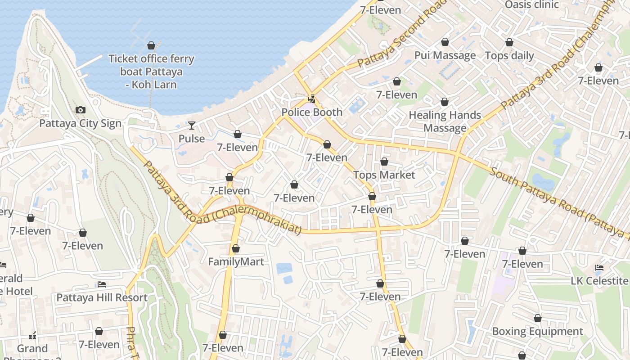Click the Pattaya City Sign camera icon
pyautogui.click(x=81, y=110)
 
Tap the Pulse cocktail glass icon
pyautogui.click(x=192, y=126)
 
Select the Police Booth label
pyautogui.click(x=312, y=112)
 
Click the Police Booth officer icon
pyautogui.click(x=311, y=99)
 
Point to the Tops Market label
pyautogui.click(x=384, y=175)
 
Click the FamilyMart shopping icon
pyautogui.click(x=235, y=248)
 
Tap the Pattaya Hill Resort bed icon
pyautogui.click(x=102, y=284)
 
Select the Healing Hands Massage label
pyautogui.click(x=445, y=121)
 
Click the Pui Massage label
pyautogui.click(x=445, y=55)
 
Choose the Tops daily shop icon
pyautogui.click(x=509, y=43)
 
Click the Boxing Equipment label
pyautogui.click(x=537, y=332)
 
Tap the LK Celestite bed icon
pyautogui.click(x=599, y=268)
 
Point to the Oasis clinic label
pyautogui.click(x=531, y=5)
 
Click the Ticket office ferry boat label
pyautogui.click(x=151, y=72)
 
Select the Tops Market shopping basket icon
pyautogui.click(x=384, y=162)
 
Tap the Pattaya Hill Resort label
pyautogui.click(x=102, y=297)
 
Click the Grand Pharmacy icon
pyautogui.click(x=32, y=336)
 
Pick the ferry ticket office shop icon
pyautogui.click(x=151, y=45)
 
